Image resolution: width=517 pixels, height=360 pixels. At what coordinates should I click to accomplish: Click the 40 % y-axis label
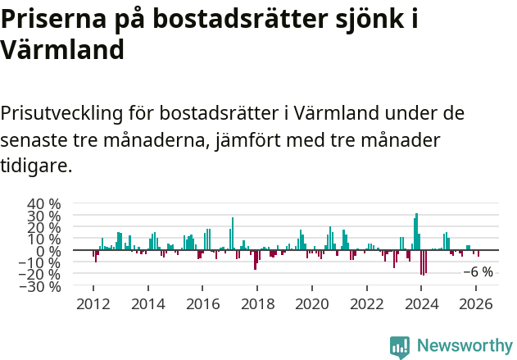pos(44,204)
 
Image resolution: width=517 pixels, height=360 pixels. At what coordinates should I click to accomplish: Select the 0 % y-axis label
pos(50,251)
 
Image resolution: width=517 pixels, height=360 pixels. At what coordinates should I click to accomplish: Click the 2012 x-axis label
pos(93,304)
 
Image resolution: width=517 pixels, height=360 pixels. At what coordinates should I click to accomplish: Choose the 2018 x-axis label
pos(257,304)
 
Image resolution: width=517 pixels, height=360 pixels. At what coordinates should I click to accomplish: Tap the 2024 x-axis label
pos(421,304)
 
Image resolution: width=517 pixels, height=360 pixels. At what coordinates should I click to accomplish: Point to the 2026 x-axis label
pos(476,304)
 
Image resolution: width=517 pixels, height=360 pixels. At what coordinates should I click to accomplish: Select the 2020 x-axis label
pos(312,304)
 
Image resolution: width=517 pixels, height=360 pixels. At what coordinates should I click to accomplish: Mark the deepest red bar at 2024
pos(421,262)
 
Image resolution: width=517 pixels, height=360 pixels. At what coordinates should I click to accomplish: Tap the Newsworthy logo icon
pos(400,347)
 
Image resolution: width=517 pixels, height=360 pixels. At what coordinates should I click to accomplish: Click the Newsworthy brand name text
pos(465,347)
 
